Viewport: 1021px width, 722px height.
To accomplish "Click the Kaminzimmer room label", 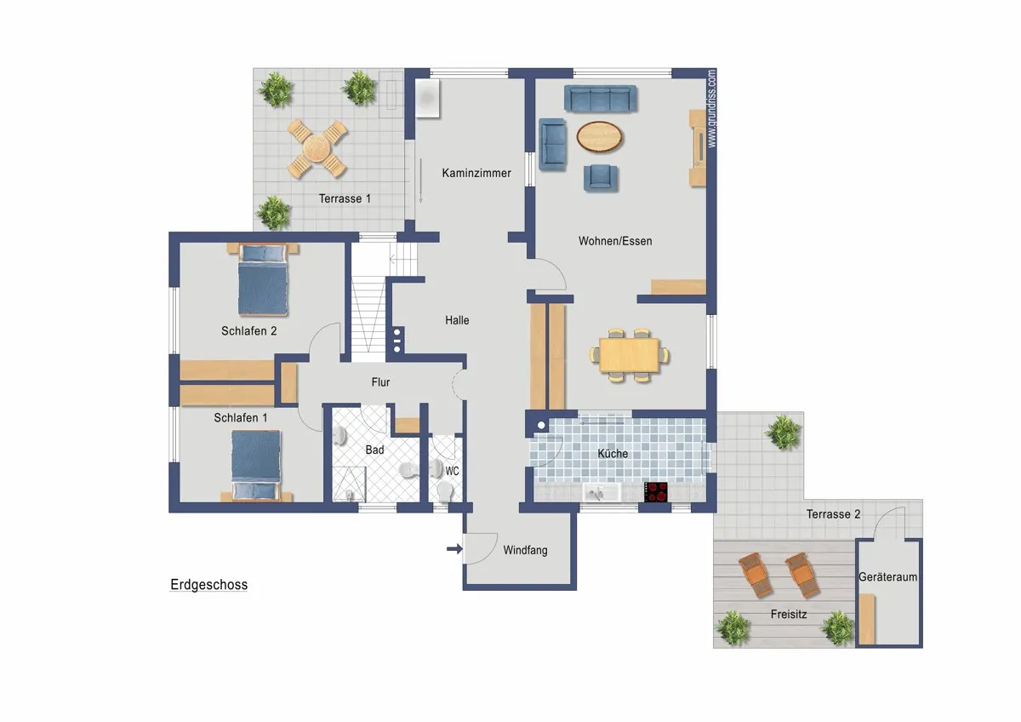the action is pyautogui.click(x=476, y=173).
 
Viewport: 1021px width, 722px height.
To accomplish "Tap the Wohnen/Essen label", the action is pyautogui.click(x=615, y=241).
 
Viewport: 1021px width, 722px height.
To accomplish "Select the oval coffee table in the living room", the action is pyautogui.click(x=599, y=136).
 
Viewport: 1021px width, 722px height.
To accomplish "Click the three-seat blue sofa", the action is pyautogui.click(x=601, y=98).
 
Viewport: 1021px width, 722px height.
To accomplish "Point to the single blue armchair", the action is pyautogui.click(x=601, y=177).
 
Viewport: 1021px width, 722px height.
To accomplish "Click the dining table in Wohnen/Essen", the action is pyautogui.click(x=630, y=355).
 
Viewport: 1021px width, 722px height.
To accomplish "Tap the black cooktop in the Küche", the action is pyautogui.click(x=655, y=492).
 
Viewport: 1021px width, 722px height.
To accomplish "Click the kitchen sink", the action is pyautogui.click(x=601, y=493).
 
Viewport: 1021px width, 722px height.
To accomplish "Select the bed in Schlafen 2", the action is pyautogui.click(x=263, y=279).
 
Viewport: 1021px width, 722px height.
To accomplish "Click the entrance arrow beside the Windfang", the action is pyautogui.click(x=454, y=548).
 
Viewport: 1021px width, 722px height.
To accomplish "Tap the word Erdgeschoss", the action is pyautogui.click(x=208, y=584).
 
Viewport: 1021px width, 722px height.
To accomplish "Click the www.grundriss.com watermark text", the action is pyautogui.click(x=711, y=108).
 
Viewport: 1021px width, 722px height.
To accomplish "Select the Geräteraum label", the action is pyautogui.click(x=888, y=577).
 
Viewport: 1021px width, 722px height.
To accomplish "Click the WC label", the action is pyautogui.click(x=452, y=471).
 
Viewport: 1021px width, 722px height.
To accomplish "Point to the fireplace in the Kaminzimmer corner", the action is pyautogui.click(x=427, y=98).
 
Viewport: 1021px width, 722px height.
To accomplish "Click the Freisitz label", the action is pyautogui.click(x=789, y=615).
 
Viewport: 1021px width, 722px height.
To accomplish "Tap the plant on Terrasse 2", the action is pyautogui.click(x=783, y=432).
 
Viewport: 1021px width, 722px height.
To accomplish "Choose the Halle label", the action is pyautogui.click(x=457, y=320).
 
